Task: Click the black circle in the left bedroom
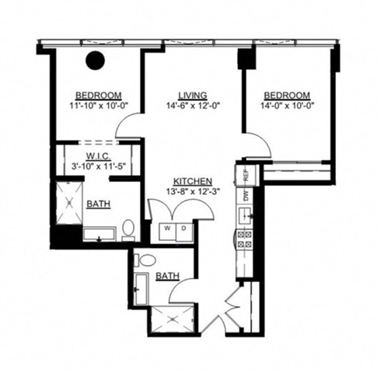(96, 60)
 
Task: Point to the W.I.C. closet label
(96, 154)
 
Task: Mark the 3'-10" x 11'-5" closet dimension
(96, 166)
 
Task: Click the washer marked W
(166, 229)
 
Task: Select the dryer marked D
(182, 229)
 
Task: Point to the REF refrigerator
(245, 175)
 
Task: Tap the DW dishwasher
(245, 196)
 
